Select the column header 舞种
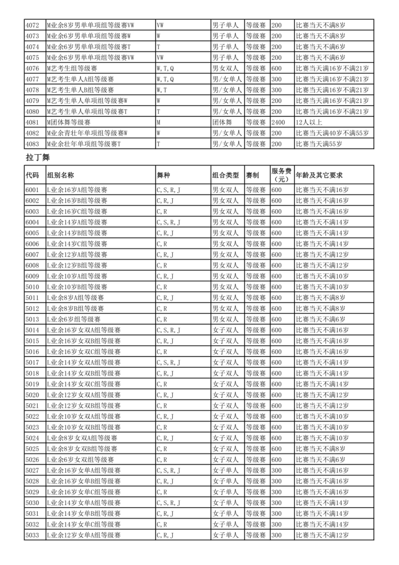click(x=163, y=175)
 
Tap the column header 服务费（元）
click(x=281, y=175)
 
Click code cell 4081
click(x=33, y=122)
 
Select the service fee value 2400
click(x=278, y=122)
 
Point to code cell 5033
click(x=33, y=534)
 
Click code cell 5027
click(x=33, y=470)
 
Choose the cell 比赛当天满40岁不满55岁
click(x=332, y=133)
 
